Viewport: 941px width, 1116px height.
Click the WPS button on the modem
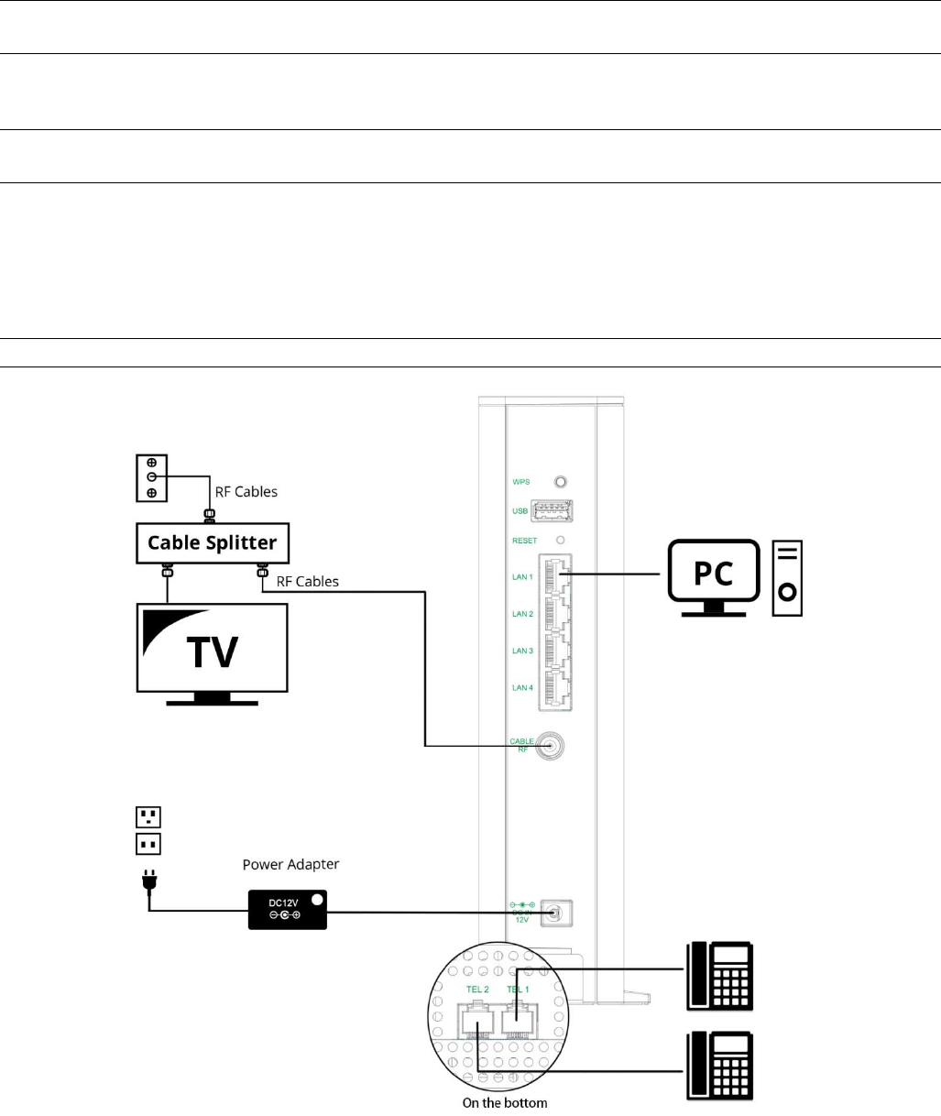(x=562, y=481)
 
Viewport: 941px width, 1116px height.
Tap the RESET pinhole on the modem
(x=561, y=541)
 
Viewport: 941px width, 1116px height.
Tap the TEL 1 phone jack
(x=518, y=1012)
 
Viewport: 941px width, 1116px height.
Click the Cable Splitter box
(x=213, y=542)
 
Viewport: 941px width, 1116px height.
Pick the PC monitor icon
(x=714, y=574)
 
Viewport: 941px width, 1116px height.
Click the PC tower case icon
(x=787, y=577)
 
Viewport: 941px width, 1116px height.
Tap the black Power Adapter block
(x=288, y=909)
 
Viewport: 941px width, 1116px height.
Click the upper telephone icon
(x=720, y=977)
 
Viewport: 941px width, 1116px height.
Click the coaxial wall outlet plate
(x=151, y=477)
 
